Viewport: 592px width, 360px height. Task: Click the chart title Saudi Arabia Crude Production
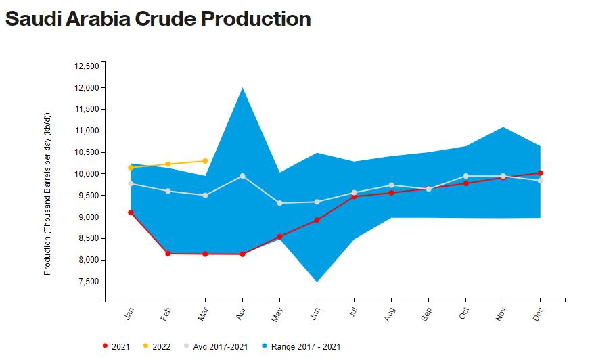[158, 19]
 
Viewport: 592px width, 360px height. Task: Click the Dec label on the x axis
[539, 314]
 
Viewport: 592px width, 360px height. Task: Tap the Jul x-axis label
[353, 313]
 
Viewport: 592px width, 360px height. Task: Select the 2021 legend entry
[116, 347]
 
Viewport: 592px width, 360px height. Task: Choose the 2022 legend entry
[156, 347]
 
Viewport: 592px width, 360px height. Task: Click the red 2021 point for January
[131, 212]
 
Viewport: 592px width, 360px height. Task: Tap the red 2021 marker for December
[540, 173]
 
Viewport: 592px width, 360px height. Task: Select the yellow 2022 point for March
[205, 161]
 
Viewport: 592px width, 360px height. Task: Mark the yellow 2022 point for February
[168, 164]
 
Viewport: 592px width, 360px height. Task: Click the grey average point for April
[242, 176]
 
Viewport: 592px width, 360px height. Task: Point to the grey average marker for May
[279, 203]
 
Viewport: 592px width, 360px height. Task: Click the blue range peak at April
[242, 89]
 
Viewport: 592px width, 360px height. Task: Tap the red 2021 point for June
[317, 220]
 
